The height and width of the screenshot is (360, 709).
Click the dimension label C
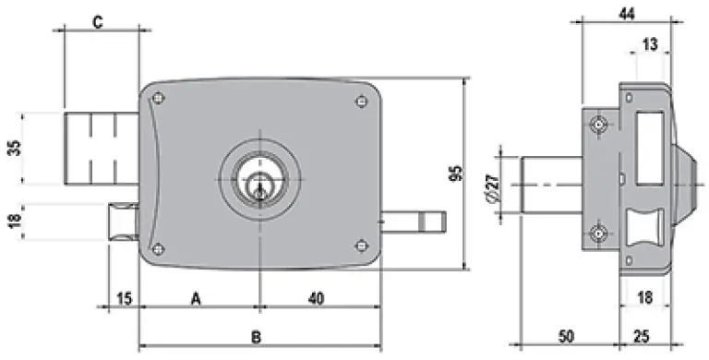click(x=98, y=22)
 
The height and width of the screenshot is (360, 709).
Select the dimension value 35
click(x=16, y=148)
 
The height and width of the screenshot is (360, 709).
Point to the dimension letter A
click(x=196, y=298)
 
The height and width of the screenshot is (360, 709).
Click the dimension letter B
click(x=256, y=337)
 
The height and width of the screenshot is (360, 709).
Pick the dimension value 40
click(x=316, y=298)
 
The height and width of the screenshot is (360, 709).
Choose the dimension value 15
click(x=125, y=298)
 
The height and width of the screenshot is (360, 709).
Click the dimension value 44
click(x=626, y=14)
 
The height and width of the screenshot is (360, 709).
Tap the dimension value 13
click(x=650, y=44)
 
